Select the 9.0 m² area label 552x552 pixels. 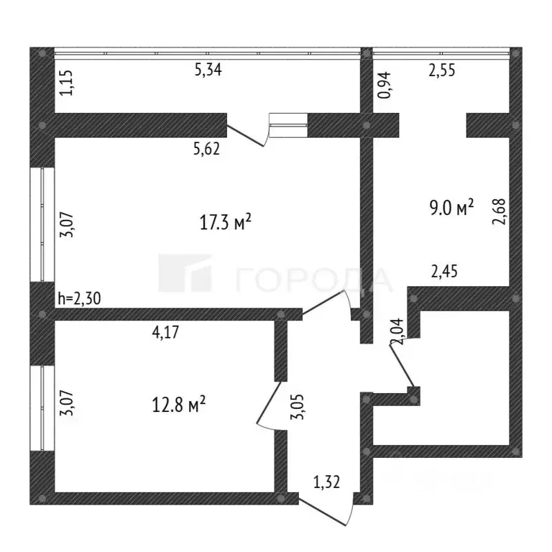click(450, 208)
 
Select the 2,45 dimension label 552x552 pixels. click(444, 271)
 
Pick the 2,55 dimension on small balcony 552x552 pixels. click(443, 70)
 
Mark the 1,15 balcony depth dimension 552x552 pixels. click(66, 83)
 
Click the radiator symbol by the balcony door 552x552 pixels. click(287, 124)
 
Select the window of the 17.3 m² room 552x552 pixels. click(43, 224)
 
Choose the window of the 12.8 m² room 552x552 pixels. click(43, 408)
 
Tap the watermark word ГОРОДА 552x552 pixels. click(315, 279)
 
